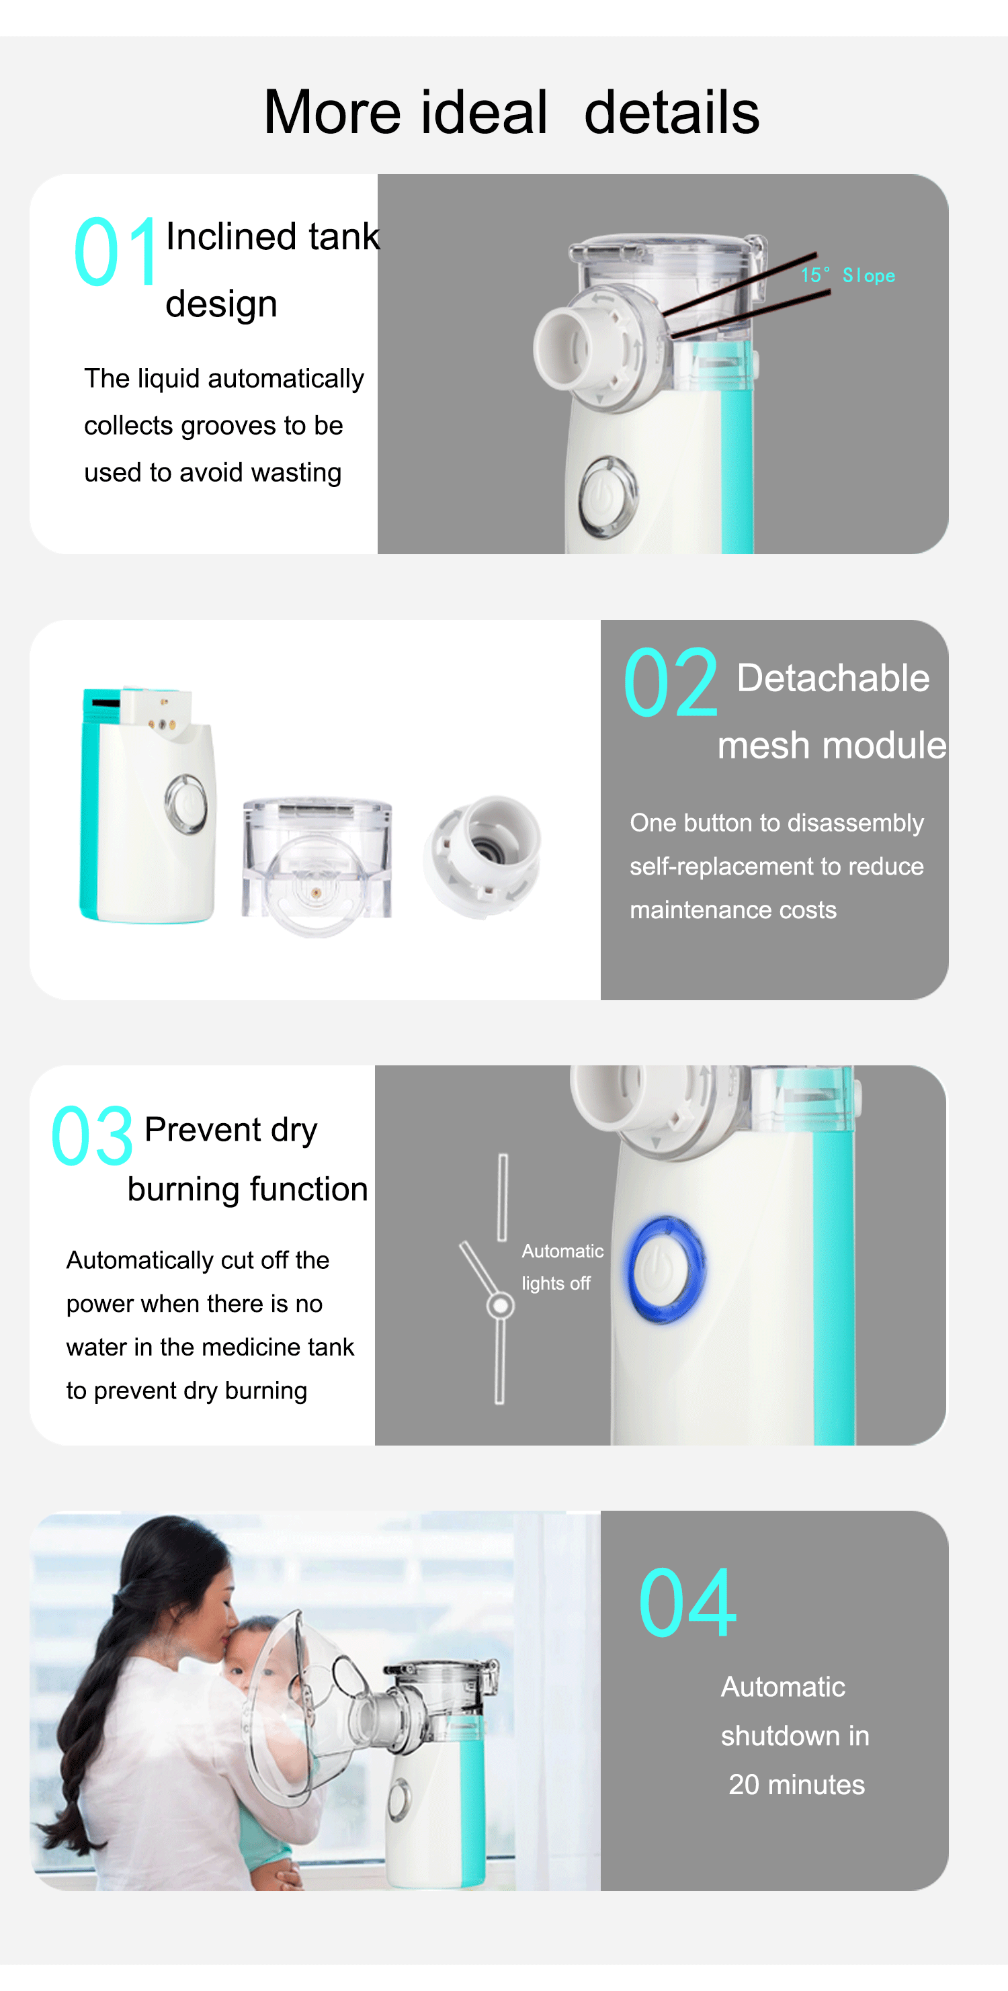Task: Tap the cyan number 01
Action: pos(116,252)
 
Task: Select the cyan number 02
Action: pos(671,682)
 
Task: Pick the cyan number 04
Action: pos(687,1602)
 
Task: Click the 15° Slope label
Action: pos(848,275)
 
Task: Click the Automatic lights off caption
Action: pos(562,1267)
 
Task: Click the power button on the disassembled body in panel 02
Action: pos(185,805)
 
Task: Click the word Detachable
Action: pos(833,678)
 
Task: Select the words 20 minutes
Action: pos(796,1785)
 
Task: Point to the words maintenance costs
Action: pos(732,910)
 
